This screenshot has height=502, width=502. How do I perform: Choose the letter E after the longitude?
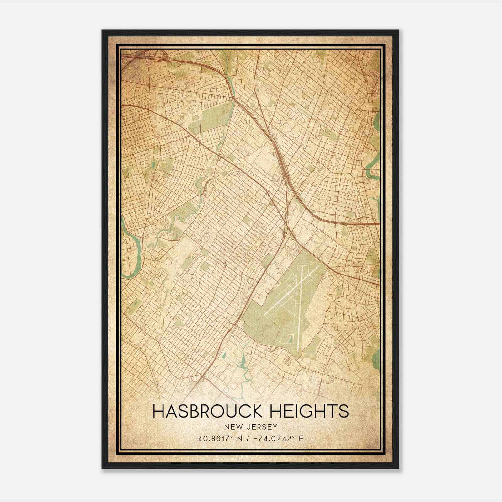[x=301, y=439]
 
